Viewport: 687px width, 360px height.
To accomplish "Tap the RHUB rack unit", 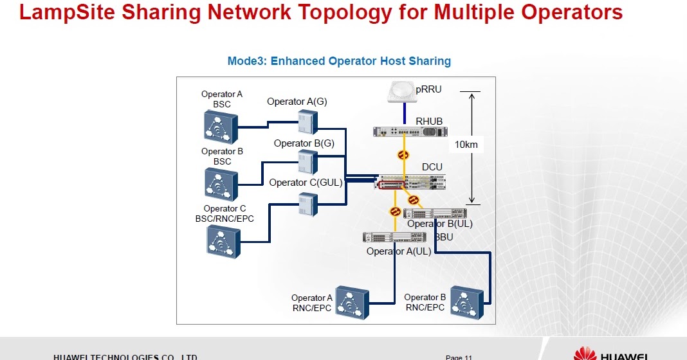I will [410, 131].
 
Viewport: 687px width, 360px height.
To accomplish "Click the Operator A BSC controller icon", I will [221, 125].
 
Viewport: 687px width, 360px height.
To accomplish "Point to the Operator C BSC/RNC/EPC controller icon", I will [224, 242].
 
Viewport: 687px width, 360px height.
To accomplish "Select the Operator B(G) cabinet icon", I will [307, 162].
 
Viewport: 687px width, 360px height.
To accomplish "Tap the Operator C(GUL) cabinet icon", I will [307, 204].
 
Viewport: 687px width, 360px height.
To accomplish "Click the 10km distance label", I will [466, 145].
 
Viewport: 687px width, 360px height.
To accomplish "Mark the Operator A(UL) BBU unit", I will [390, 237].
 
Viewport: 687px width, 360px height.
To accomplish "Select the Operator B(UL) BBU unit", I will [435, 213].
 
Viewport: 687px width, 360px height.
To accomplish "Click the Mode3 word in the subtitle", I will [246, 61].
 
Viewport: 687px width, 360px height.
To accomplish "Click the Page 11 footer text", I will [459, 357].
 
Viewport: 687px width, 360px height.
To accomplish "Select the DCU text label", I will [432, 167].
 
